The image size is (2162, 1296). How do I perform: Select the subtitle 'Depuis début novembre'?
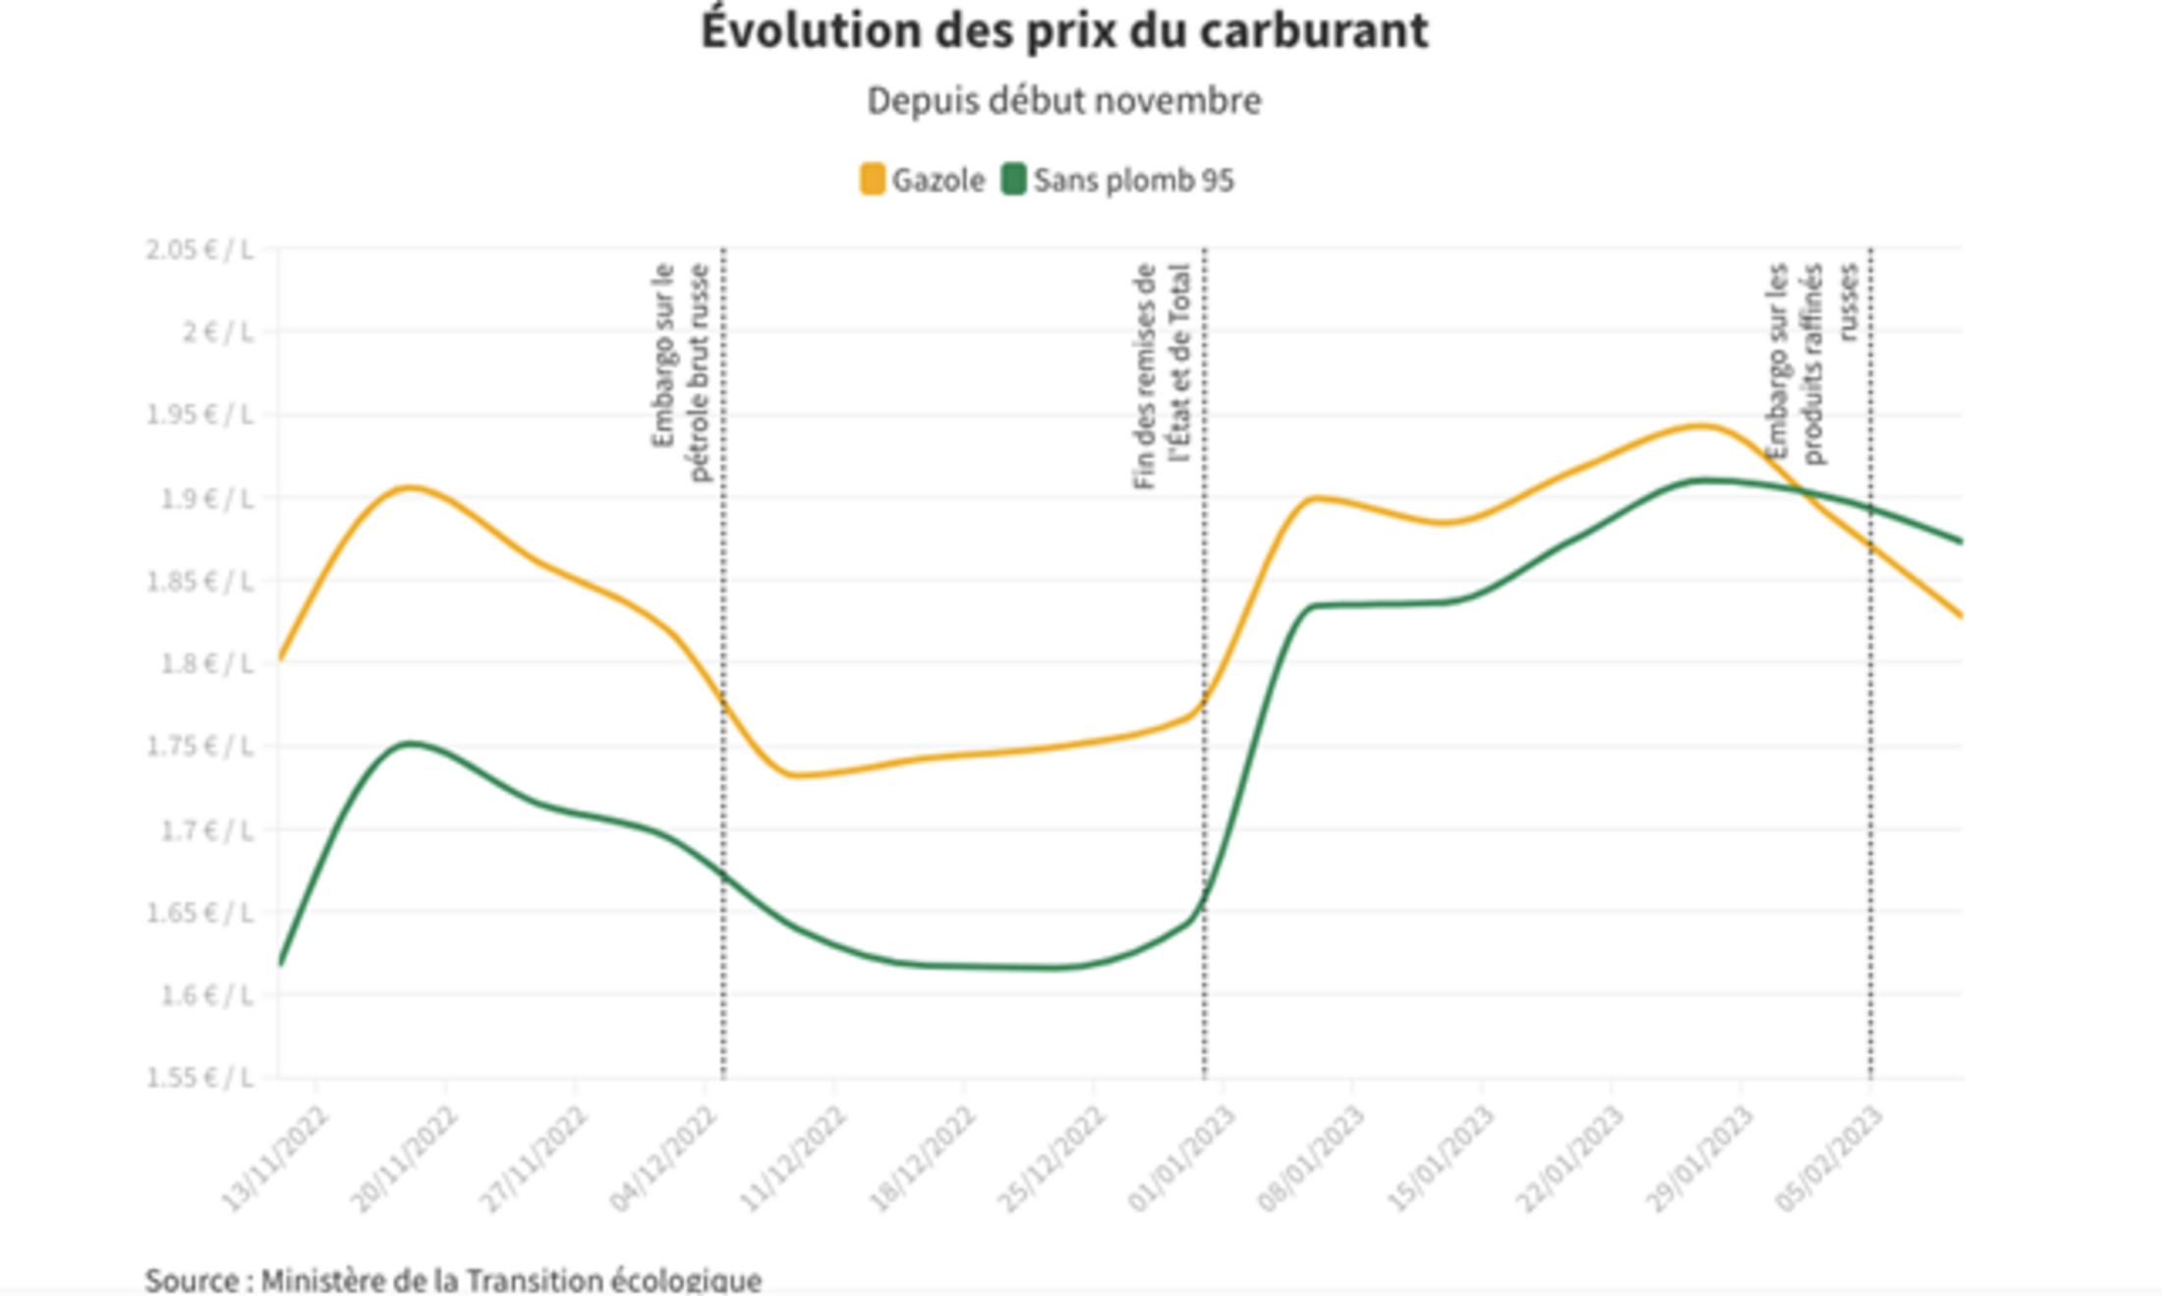1064,101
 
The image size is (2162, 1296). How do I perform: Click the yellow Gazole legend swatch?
872,180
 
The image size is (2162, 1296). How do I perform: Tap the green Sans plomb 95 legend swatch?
1013,180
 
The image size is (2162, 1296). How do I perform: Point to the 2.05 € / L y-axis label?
199,250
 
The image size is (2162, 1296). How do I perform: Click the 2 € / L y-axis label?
217,332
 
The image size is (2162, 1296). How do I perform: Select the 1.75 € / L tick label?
199,747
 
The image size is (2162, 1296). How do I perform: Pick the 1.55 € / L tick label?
199,1078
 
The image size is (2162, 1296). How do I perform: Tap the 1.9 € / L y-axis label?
206,498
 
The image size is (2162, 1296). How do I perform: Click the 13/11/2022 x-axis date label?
276,1157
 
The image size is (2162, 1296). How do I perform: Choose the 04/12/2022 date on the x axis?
665,1157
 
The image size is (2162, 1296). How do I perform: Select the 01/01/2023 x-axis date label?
1182,1157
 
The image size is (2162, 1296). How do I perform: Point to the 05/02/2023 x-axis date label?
1830,1157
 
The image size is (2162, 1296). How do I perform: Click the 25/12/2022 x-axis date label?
1053,1157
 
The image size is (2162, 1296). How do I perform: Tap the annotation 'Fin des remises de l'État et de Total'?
1162,375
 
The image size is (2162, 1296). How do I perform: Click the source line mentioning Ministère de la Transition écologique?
453,1280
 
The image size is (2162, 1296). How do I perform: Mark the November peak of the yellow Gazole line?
409,487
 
